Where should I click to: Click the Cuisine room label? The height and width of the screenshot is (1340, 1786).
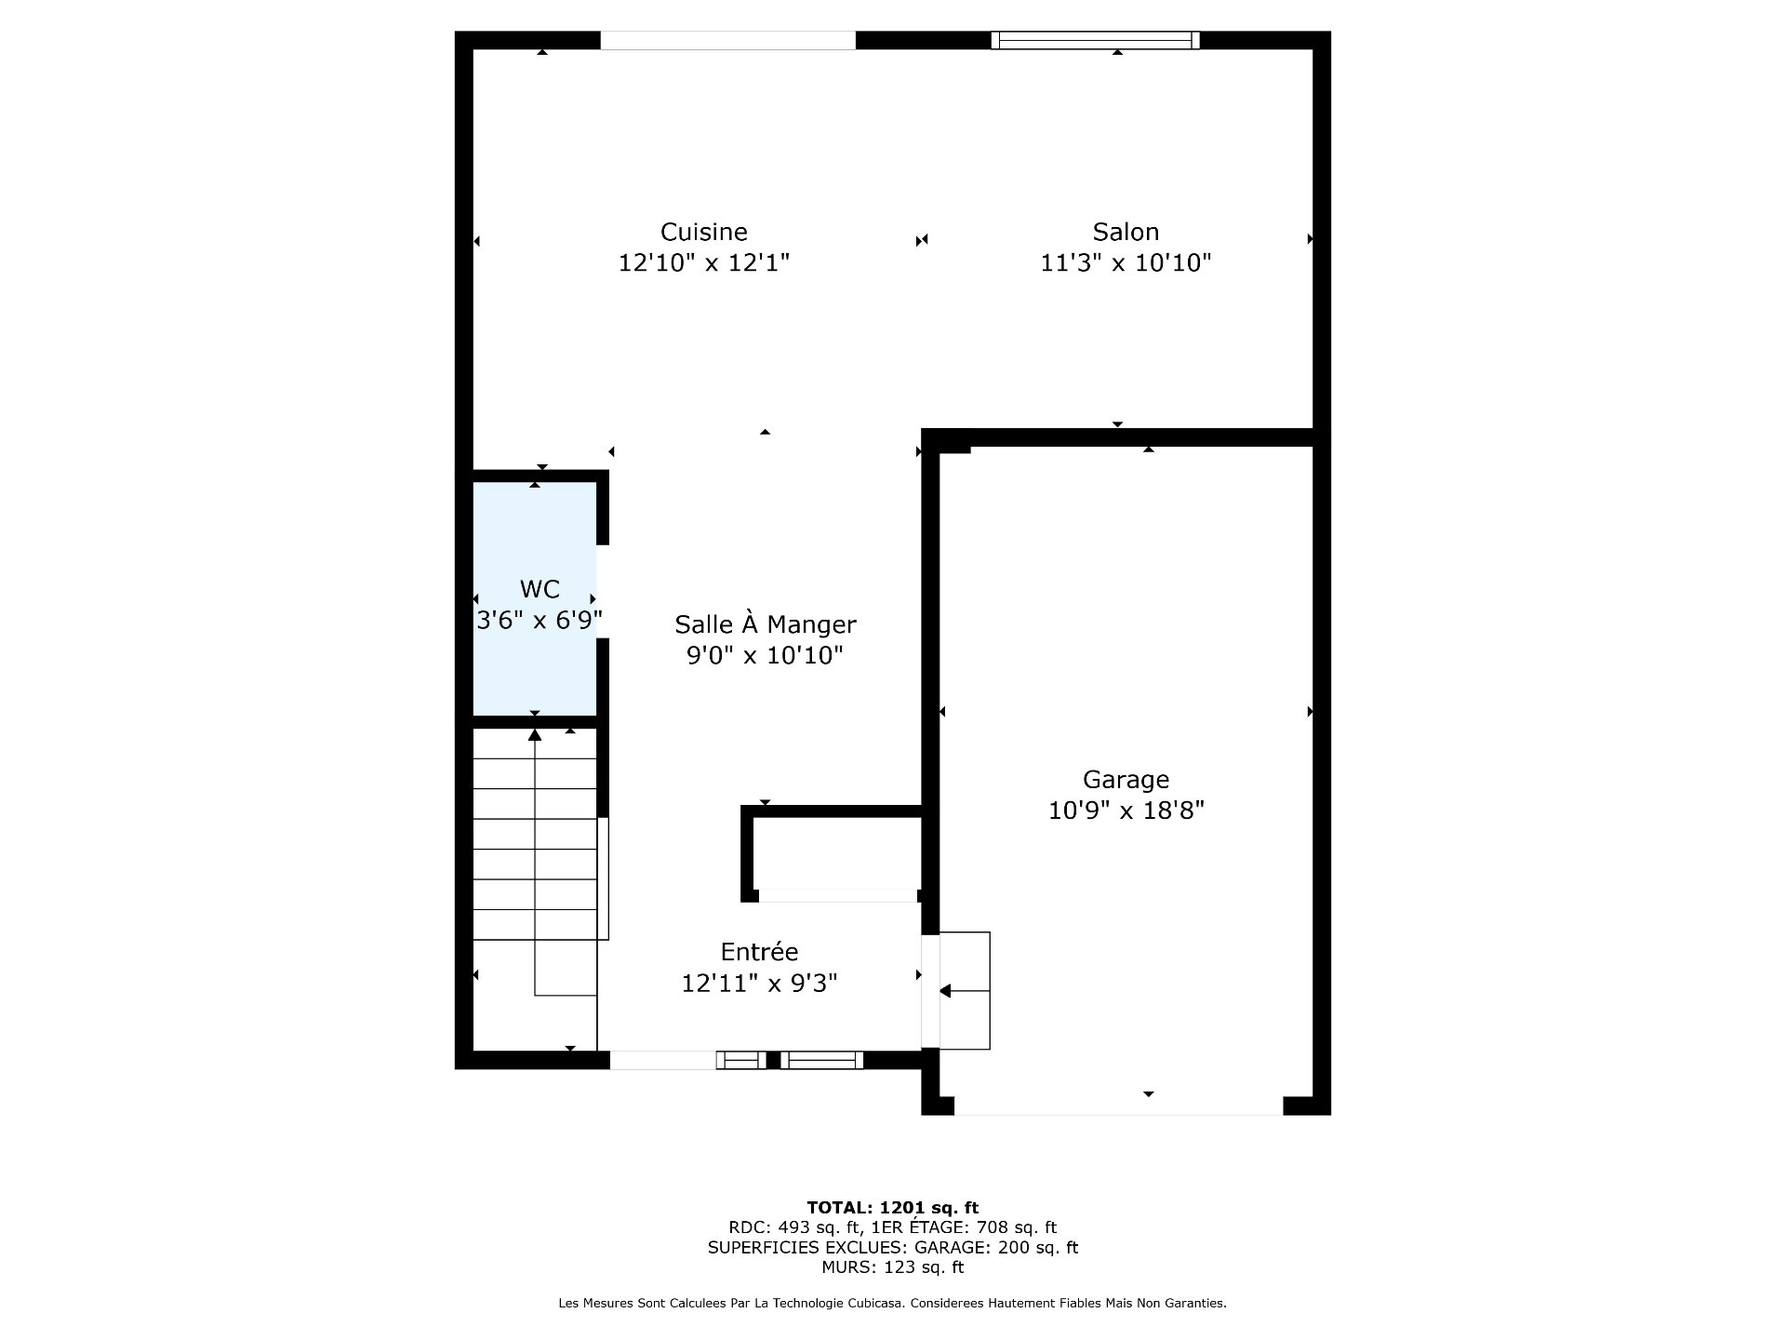click(x=704, y=232)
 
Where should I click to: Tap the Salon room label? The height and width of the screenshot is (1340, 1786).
click(x=1126, y=232)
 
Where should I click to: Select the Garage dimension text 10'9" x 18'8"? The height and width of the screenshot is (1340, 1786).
click(x=1126, y=811)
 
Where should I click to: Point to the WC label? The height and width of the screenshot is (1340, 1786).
click(x=540, y=589)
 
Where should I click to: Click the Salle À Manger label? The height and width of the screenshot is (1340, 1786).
click(x=765, y=623)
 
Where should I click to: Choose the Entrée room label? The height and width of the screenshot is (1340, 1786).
click(x=759, y=952)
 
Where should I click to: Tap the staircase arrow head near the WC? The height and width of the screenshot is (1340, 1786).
click(x=535, y=734)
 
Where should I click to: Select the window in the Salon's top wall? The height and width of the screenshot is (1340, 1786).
click(x=1095, y=40)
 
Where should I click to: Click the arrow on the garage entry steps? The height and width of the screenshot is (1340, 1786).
click(x=965, y=992)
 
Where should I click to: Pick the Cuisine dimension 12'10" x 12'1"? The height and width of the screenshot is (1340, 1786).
click(x=704, y=263)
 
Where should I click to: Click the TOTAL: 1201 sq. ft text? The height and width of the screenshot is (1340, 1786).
click(x=893, y=1208)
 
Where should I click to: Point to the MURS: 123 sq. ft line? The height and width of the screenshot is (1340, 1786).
click(x=893, y=1267)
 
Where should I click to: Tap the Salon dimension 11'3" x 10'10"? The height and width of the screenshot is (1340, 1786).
click(x=1126, y=263)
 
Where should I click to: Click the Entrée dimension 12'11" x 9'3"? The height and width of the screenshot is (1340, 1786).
click(x=759, y=984)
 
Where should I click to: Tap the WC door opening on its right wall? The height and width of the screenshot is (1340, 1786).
click(x=603, y=591)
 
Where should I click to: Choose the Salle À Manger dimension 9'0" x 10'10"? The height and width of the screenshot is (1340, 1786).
click(x=765, y=656)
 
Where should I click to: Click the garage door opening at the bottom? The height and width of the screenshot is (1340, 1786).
click(x=1119, y=1105)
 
